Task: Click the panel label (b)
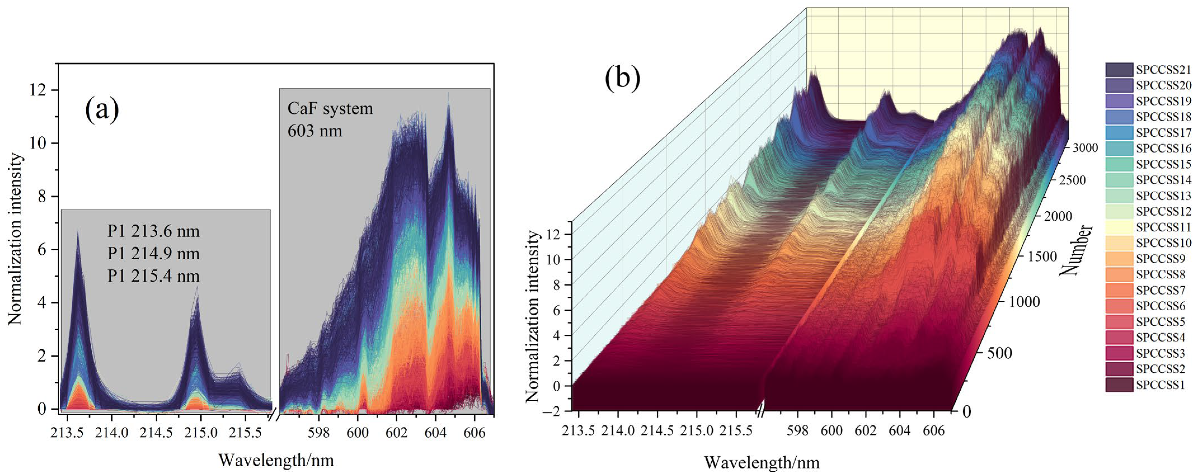pyautogui.click(x=622, y=78)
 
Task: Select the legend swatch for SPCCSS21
pyautogui.click(x=1119, y=70)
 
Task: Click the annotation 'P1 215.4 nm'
pyautogui.click(x=153, y=276)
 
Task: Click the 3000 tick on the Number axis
pyautogui.click(x=1085, y=148)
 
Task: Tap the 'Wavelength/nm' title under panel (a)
pyautogui.click(x=276, y=460)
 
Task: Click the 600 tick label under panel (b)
pyautogui.click(x=831, y=430)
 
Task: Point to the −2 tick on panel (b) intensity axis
pyautogui.click(x=555, y=411)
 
